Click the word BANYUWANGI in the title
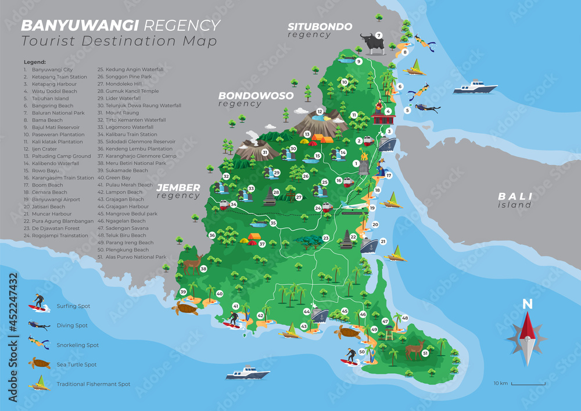coord(80,26)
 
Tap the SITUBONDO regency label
coord(320,27)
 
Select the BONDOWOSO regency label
coord(256,96)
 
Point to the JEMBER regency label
coord(178,188)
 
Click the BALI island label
coord(514,197)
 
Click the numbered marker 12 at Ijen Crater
coord(320,112)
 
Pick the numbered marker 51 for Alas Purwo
coord(425,353)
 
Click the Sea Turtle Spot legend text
coord(77,364)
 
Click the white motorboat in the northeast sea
coord(475,88)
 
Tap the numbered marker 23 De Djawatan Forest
coord(326,238)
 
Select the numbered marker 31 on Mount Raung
coord(265,153)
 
